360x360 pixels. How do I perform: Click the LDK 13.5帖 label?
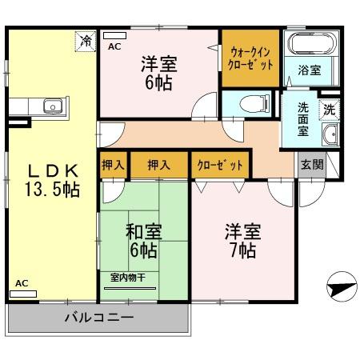coord(54,180)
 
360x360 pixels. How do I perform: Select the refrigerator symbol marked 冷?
coord(85,40)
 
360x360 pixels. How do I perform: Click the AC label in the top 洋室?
coord(114,47)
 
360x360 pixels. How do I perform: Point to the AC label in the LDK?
coord(22,284)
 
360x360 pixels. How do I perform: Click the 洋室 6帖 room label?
coord(160,72)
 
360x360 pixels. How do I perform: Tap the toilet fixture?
coord(248,102)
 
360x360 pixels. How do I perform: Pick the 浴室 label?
coord(310,70)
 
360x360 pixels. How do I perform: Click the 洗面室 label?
coord(303,118)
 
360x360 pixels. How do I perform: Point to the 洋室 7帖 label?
coord(240,241)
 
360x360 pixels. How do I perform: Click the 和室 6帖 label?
coord(143,241)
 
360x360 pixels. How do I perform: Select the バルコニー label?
coord(99,317)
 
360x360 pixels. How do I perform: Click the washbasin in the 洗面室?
coord(330,134)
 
